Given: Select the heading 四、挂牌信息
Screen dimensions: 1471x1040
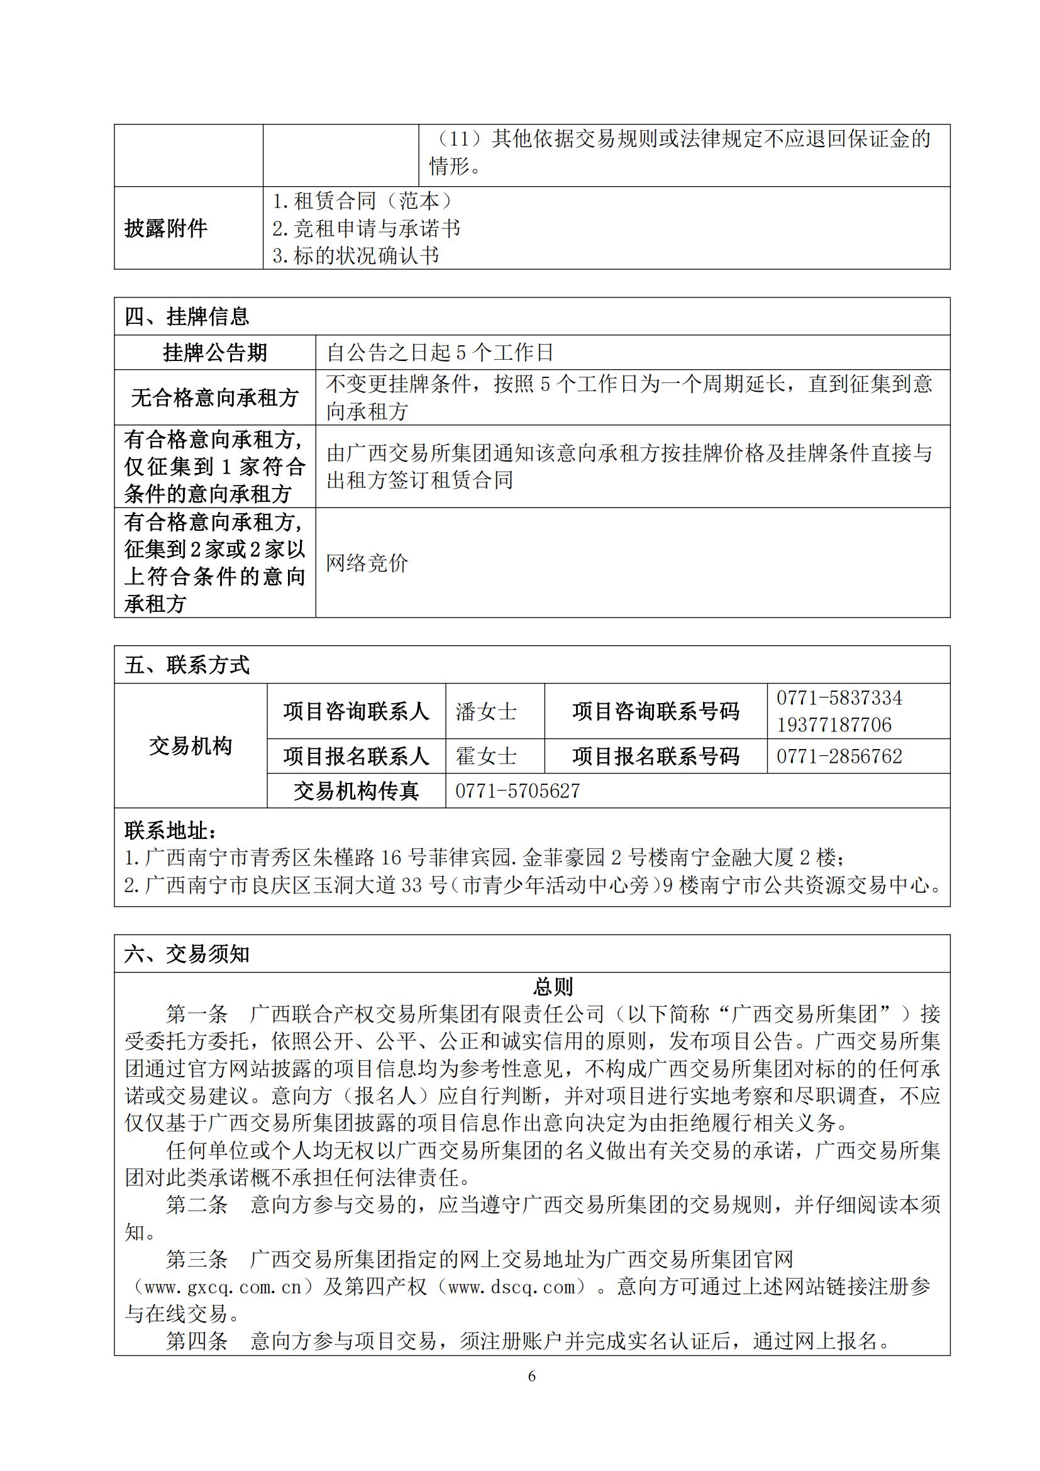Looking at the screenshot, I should pyautogui.click(x=187, y=316).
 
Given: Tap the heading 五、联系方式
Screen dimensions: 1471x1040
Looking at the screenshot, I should pyautogui.click(x=187, y=665).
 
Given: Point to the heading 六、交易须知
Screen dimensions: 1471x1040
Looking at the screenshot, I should pyautogui.click(x=187, y=954).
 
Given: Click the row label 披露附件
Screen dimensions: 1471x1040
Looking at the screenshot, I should pyautogui.click(x=166, y=228).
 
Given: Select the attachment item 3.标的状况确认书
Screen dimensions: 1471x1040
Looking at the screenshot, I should pyautogui.click(x=356, y=255).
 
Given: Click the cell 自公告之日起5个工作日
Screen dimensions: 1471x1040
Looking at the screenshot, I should pyautogui.click(x=440, y=352).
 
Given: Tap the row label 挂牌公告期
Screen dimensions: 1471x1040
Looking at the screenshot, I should pyautogui.click(x=214, y=352).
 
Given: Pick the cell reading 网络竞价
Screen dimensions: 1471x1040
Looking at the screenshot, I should pyautogui.click(x=367, y=563).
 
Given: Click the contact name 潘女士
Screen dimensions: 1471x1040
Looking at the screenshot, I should pyautogui.click(x=486, y=712).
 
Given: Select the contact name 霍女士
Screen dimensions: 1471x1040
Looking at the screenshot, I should pyautogui.click(x=486, y=757).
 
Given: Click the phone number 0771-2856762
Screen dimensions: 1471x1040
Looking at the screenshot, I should pyautogui.click(x=839, y=757).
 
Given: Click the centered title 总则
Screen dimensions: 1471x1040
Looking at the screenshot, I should pyautogui.click(x=553, y=987).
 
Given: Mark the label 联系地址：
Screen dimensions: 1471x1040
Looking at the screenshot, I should pyautogui.click(x=171, y=830).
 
